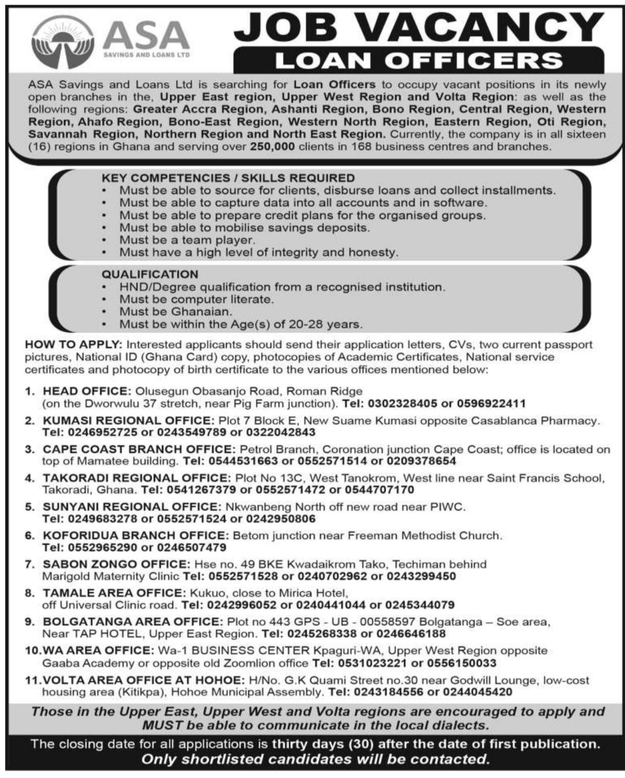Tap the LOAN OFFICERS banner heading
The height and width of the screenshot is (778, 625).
click(418, 60)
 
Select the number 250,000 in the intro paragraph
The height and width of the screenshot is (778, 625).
click(273, 146)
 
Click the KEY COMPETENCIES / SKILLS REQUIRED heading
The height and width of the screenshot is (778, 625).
click(228, 178)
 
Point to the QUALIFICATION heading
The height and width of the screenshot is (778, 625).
click(150, 274)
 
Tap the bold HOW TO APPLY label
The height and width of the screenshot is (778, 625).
click(73, 344)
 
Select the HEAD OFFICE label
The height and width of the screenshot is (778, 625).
click(84, 391)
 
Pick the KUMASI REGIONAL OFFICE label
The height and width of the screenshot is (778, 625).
click(127, 420)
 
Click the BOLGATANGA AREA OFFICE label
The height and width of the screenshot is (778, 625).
click(132, 622)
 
